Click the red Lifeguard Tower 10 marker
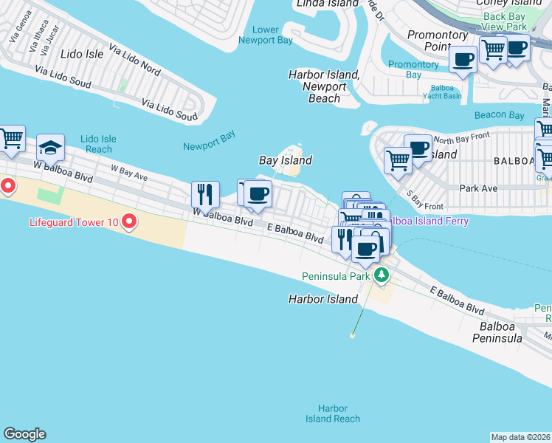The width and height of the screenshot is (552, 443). click(129, 221)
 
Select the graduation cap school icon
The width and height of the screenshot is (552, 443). click(50, 148)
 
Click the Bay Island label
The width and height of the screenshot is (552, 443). click(285, 160)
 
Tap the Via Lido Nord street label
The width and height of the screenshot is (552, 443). click(134, 60)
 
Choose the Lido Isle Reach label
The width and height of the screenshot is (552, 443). click(98, 144)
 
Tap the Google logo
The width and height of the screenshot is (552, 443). click(24, 434)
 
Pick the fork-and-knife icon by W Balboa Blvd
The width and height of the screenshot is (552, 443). click(204, 194)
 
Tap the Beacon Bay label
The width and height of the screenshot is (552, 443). click(499, 115)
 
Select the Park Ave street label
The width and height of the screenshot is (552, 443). click(477, 188)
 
